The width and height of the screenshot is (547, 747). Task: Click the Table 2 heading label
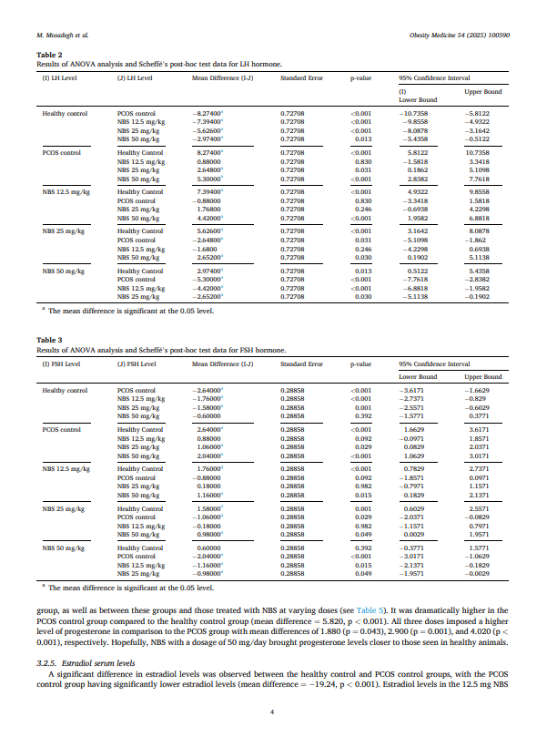47,56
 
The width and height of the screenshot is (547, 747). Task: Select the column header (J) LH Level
137,80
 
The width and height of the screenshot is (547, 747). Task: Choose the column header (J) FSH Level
137,364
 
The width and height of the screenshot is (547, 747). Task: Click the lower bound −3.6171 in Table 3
414,390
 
